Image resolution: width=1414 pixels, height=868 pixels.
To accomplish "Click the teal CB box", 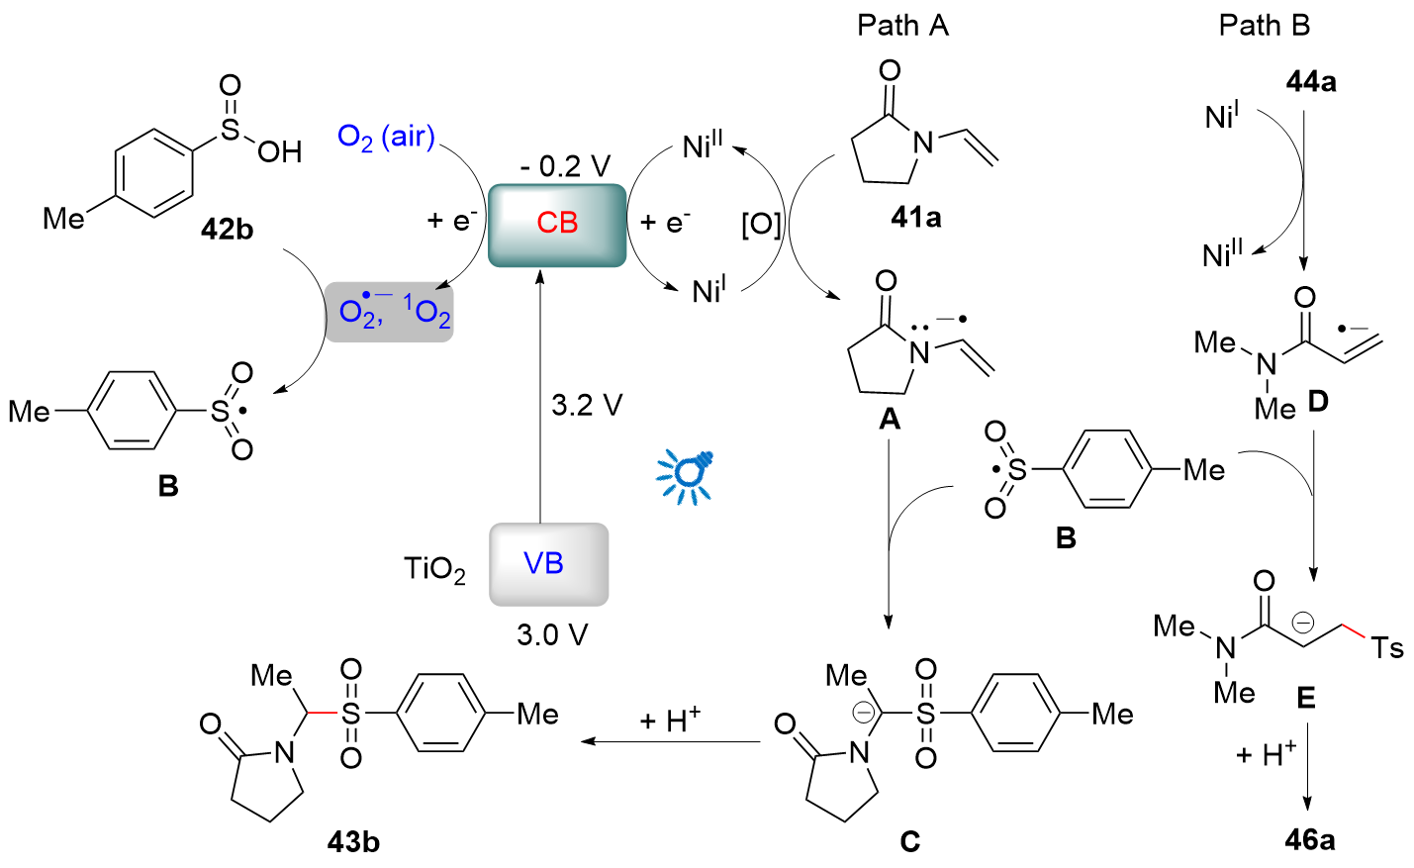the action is pyautogui.click(x=557, y=226).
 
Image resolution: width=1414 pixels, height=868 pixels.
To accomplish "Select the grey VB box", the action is pyautogui.click(x=548, y=564).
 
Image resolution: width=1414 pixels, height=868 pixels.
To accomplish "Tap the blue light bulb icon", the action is pyautogui.click(x=686, y=477).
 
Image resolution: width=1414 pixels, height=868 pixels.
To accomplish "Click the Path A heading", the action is pyautogui.click(x=902, y=26).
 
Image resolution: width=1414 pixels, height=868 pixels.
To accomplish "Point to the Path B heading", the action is pyautogui.click(x=1265, y=26).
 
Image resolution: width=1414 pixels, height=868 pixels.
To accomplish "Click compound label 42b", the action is pyautogui.click(x=228, y=230).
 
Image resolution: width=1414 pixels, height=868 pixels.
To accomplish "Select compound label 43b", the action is pyautogui.click(x=353, y=841).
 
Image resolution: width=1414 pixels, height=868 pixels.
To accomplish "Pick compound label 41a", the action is pyautogui.click(x=916, y=218).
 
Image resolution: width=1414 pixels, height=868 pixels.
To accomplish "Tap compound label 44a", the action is pyautogui.click(x=1311, y=82).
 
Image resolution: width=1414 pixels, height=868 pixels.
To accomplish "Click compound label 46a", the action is pyautogui.click(x=1310, y=840).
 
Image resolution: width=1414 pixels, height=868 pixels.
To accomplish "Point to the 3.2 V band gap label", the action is pyautogui.click(x=587, y=405).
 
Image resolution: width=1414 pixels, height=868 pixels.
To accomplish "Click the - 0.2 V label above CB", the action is pyautogui.click(x=566, y=166).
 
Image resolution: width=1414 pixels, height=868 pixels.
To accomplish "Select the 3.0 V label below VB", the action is pyautogui.click(x=552, y=635).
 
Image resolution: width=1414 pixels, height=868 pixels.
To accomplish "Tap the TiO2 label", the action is pyautogui.click(x=435, y=570).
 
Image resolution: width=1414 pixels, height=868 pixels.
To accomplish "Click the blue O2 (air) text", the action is pyautogui.click(x=386, y=138).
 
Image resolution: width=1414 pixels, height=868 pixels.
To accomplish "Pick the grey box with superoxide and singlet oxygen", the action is pyautogui.click(x=390, y=313).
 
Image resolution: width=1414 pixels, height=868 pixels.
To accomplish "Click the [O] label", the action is pyautogui.click(x=761, y=224).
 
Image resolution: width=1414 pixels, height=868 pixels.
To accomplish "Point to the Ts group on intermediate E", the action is pyautogui.click(x=1386, y=647).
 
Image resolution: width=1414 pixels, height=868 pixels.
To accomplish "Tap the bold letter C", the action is pyautogui.click(x=909, y=841).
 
